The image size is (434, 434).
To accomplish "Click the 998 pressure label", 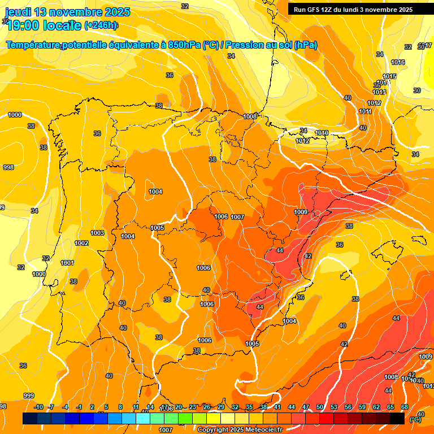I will (8, 167).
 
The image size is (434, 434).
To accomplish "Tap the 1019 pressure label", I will (322, 133).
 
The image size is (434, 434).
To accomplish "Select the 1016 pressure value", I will (398, 62).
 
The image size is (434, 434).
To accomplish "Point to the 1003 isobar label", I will (97, 233).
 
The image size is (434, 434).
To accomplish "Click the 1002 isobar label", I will (81, 243).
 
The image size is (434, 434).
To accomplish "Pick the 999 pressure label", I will (29, 396).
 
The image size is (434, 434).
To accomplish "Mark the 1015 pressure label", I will (389, 76).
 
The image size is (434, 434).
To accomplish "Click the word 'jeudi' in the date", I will (19, 12).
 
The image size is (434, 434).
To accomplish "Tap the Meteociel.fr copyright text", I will (240, 430).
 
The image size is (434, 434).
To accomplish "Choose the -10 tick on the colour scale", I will (38, 407).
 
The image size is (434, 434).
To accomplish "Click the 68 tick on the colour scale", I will (405, 407).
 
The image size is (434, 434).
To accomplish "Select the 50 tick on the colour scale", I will (320, 407).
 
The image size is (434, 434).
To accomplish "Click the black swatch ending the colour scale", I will (397, 418).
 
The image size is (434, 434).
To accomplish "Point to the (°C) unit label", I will (415, 419).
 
